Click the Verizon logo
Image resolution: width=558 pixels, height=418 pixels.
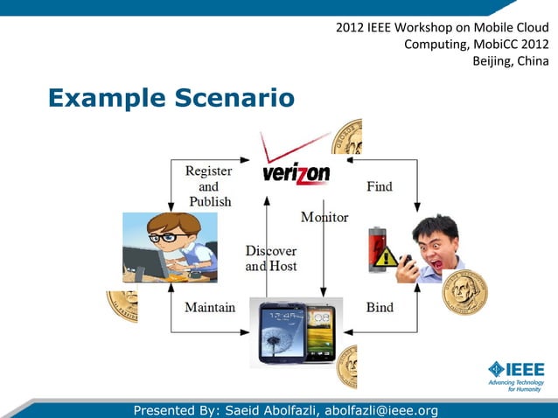(296, 172)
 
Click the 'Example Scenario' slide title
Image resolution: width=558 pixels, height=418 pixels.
(171, 98)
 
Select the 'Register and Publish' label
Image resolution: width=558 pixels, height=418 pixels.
(209, 186)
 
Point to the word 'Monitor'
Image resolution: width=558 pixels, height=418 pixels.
(324, 217)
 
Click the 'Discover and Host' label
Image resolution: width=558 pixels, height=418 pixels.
(271, 258)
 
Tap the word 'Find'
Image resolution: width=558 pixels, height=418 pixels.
(379, 186)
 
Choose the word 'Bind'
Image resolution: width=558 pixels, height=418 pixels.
(379, 307)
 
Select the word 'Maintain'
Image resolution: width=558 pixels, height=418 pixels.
(210, 307)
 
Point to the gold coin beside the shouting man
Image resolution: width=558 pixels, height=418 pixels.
(464, 292)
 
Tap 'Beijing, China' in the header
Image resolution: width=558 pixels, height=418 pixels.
(511, 60)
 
